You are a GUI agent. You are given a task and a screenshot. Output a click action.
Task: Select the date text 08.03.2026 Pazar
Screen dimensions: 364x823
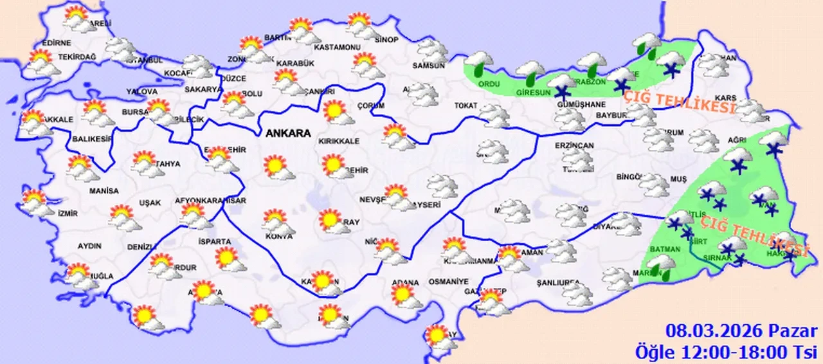pyautogui.click(x=741, y=332)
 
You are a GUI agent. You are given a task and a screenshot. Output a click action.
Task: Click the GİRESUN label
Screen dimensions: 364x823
pyautogui.click(x=533, y=93)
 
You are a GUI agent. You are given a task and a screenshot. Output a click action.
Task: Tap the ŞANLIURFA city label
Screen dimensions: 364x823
pyautogui.click(x=559, y=282)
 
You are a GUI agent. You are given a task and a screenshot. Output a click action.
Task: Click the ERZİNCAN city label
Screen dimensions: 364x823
pyautogui.click(x=574, y=145)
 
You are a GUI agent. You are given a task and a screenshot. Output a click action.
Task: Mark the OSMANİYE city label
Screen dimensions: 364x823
pyautogui.click(x=448, y=282)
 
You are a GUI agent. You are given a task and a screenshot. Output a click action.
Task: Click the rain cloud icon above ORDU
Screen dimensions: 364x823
pyautogui.click(x=479, y=63)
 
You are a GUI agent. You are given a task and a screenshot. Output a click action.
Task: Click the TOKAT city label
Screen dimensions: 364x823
pyautogui.click(x=465, y=105)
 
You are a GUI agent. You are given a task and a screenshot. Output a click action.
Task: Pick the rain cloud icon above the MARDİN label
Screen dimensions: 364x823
pyautogui.click(x=661, y=264)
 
